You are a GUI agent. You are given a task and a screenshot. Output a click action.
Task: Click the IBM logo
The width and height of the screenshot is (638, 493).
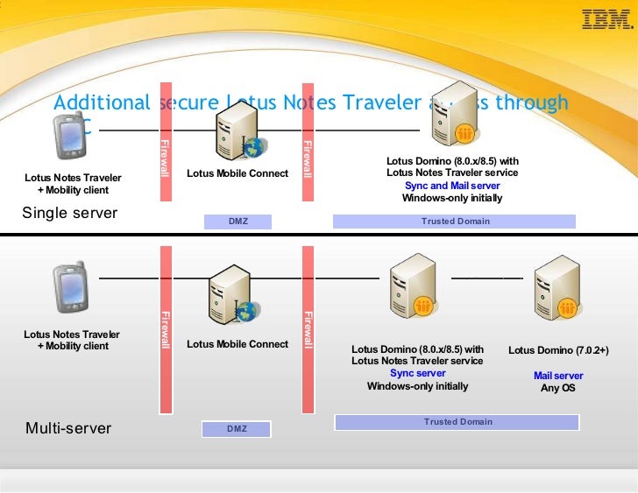click(606, 19)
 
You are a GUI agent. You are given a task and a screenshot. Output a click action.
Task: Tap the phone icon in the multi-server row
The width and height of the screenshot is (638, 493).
click(70, 284)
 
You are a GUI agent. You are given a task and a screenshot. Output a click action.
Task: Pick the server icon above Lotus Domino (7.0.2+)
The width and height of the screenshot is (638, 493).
click(559, 288)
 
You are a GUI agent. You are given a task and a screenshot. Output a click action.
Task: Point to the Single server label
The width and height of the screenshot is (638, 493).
click(69, 213)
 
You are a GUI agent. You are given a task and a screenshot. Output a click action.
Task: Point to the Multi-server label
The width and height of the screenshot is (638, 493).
click(68, 428)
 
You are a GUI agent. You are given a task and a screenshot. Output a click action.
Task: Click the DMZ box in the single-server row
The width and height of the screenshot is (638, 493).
click(238, 222)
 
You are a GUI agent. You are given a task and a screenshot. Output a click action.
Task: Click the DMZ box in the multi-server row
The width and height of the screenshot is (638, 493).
click(237, 429)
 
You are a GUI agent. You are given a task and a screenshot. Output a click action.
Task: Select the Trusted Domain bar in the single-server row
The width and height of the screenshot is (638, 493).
click(455, 222)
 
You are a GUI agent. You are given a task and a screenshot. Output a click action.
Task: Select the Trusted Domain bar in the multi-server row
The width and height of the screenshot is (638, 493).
click(457, 422)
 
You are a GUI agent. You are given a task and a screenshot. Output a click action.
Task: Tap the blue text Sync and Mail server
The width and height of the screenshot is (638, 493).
click(452, 186)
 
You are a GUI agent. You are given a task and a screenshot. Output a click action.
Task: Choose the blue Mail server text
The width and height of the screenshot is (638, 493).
click(558, 376)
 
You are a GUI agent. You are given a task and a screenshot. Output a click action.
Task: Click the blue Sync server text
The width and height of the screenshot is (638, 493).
click(417, 373)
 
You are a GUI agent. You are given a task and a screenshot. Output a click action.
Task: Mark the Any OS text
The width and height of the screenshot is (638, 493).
click(557, 387)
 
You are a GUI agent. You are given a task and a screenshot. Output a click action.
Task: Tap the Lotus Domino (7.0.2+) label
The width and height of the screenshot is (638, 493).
click(558, 350)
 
